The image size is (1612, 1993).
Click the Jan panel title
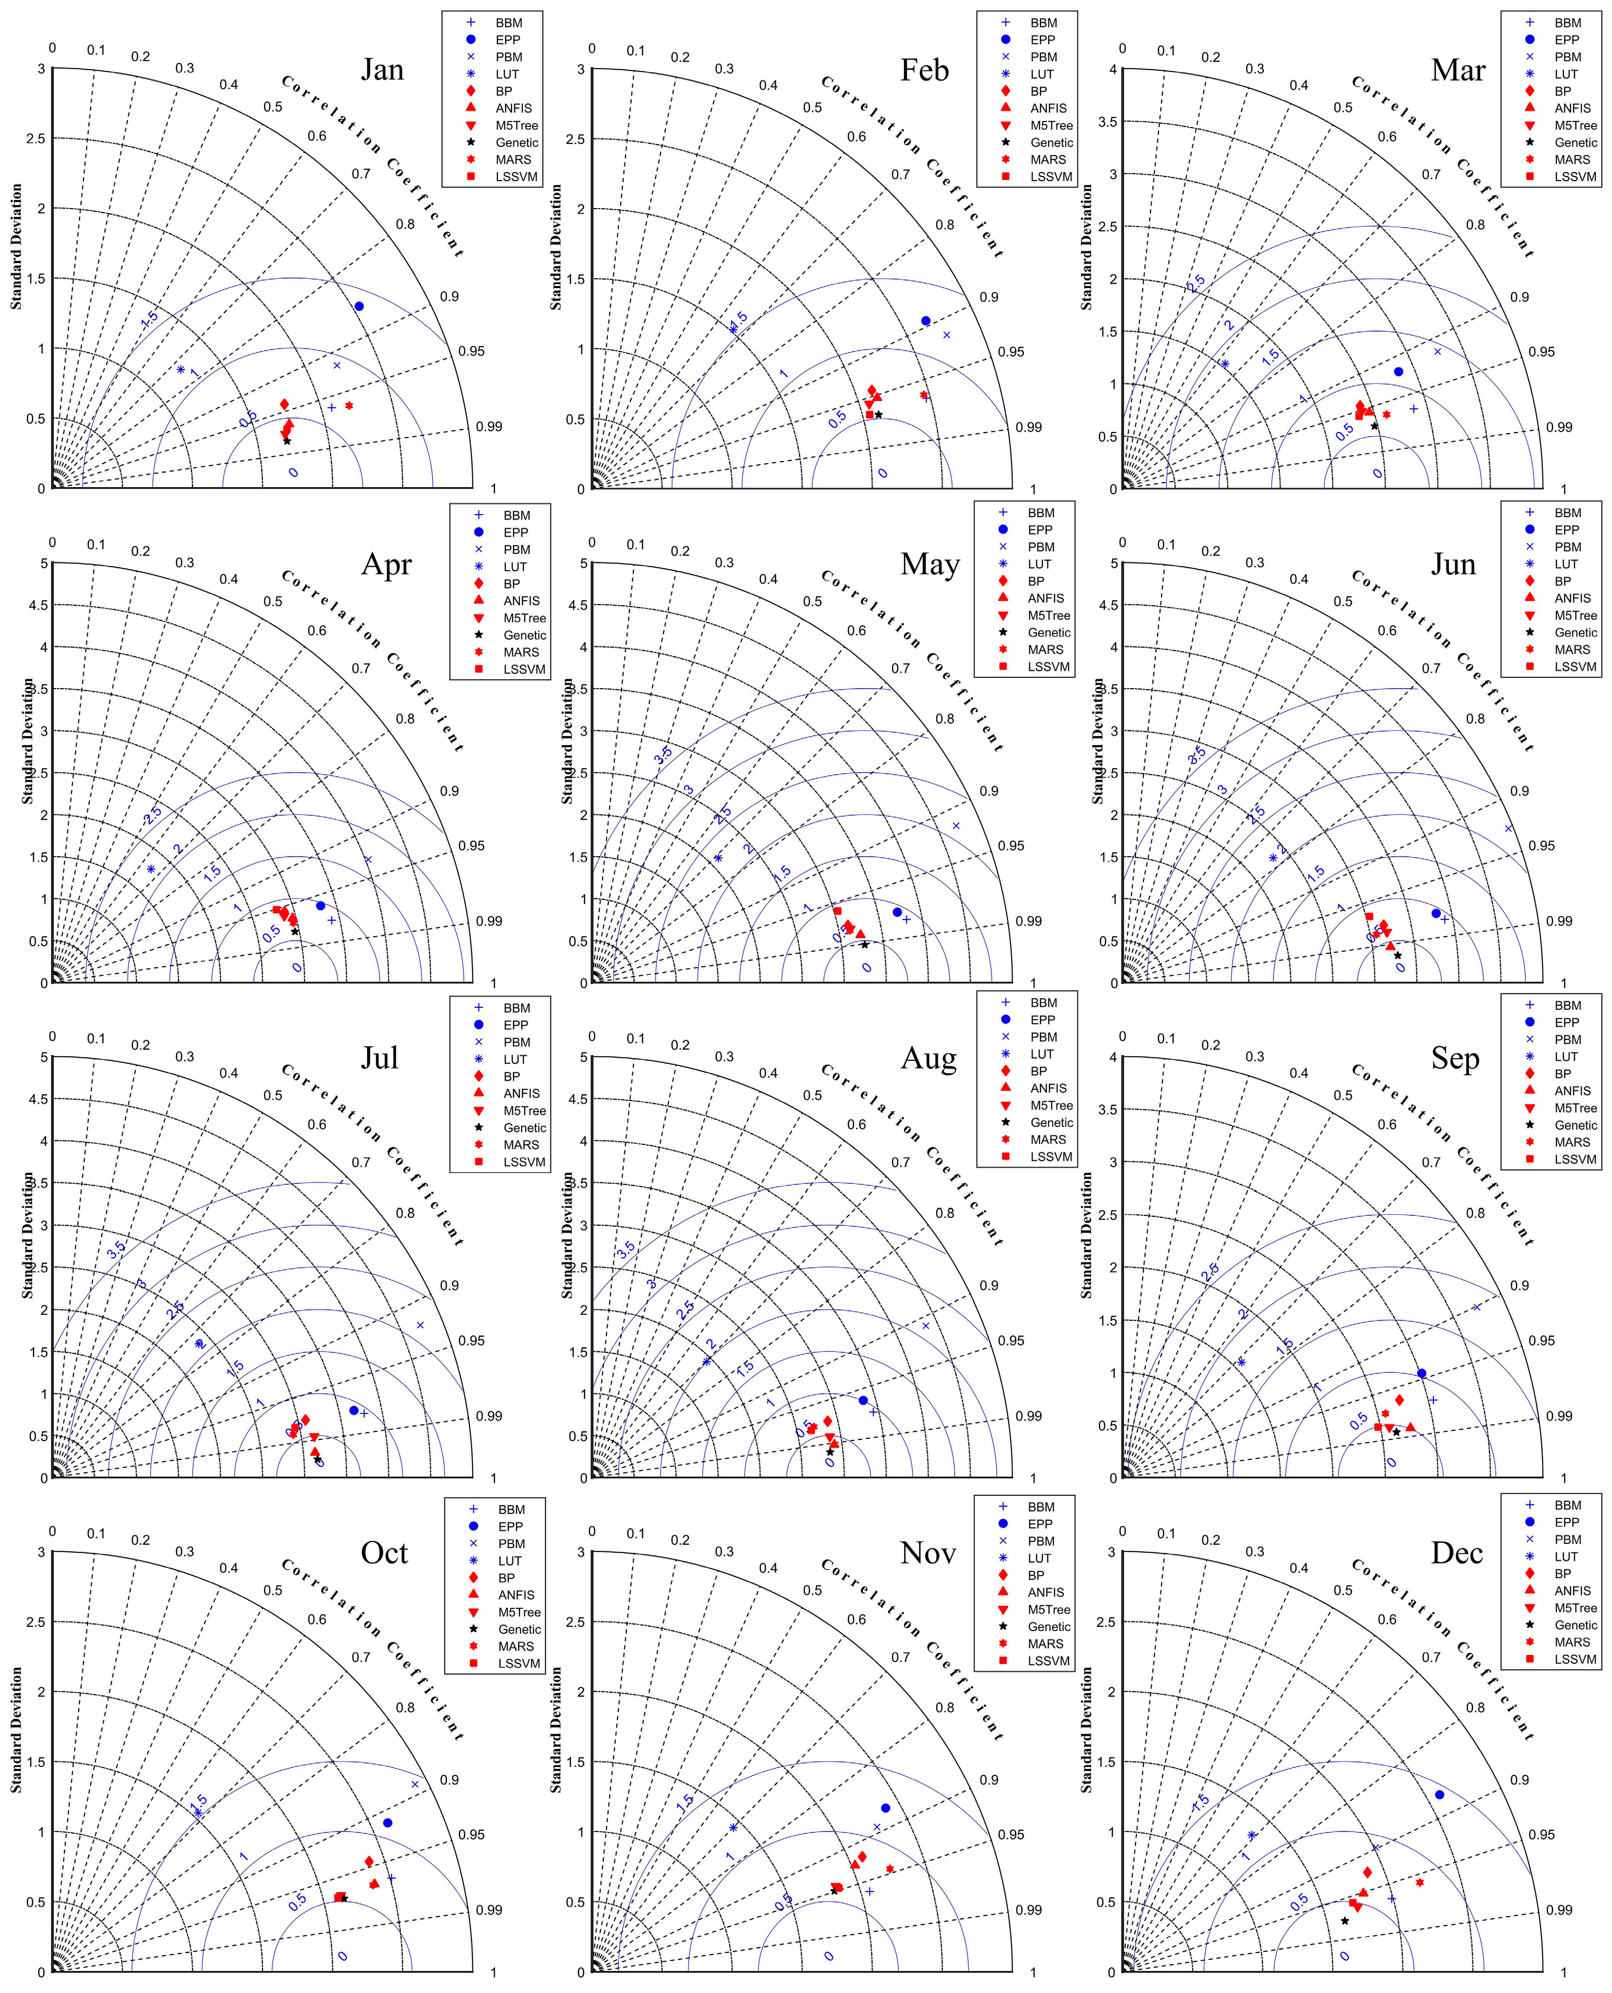[x=382, y=70]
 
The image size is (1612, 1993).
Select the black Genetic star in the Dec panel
[x=1344, y=1920]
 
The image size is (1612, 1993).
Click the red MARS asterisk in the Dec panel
[x=1419, y=1881]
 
